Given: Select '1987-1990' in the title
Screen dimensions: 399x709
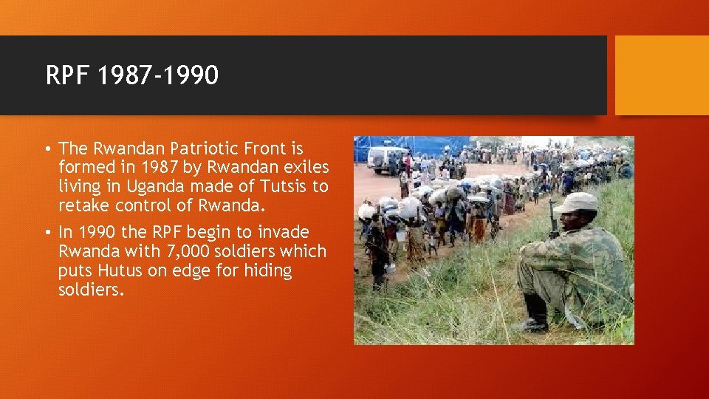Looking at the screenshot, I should pos(158,75).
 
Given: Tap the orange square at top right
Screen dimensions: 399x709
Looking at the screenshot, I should pos(661,75).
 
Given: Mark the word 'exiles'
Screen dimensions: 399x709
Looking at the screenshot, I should pos(304,168).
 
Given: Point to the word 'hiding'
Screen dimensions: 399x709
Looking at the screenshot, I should pos(268,270).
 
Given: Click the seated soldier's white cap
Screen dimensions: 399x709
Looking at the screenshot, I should pos(577,202).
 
